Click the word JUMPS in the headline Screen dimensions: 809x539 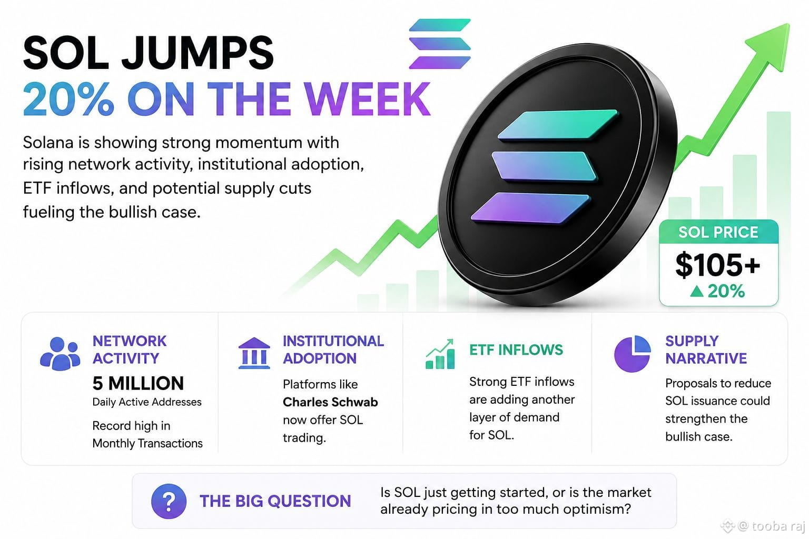pos(198,53)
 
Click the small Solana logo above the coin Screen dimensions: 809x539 pos(440,44)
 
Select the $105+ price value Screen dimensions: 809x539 pos(718,265)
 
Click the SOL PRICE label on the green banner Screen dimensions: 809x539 pos(718,232)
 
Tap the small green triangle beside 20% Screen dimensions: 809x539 pos(697,291)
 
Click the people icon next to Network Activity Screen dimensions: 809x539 pos(60,354)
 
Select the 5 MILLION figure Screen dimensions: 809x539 pos(138,383)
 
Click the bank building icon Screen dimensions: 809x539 pos(254,353)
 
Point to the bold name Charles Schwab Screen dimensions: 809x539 pos(330,402)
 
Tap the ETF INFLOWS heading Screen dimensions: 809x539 pos(516,350)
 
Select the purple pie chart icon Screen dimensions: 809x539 pos(632,354)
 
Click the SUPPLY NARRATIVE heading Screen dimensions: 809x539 pos(706,350)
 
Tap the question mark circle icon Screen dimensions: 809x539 pos(169,502)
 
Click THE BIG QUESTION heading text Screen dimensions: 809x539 pos(275,501)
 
